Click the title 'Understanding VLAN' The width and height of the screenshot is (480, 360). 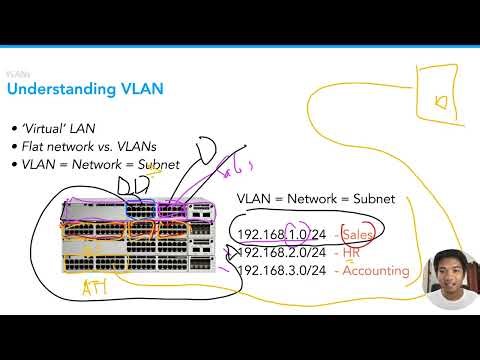(x=85, y=91)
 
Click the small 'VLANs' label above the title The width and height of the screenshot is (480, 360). (x=17, y=74)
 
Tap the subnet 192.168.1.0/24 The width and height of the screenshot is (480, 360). (x=283, y=234)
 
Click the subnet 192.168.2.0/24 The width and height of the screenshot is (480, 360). (x=283, y=252)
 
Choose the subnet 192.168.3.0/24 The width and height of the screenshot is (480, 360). (x=283, y=270)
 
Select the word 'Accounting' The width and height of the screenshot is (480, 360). (x=375, y=270)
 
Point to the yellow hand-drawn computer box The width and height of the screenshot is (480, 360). (x=441, y=100)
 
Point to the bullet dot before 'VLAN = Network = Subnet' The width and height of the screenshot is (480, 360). (x=13, y=165)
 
